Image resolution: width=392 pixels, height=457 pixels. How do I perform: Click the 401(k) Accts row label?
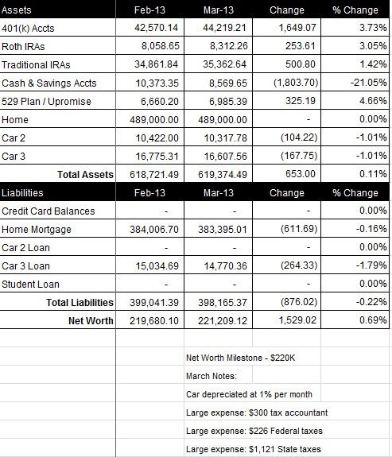pos(28,29)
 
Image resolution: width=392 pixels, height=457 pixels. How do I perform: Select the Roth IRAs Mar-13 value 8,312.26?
pos(229,46)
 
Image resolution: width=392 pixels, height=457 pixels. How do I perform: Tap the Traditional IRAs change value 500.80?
pos(301,64)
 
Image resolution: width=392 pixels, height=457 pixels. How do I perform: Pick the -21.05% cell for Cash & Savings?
pos(369,83)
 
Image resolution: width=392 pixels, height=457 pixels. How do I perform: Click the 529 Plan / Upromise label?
pos(46,102)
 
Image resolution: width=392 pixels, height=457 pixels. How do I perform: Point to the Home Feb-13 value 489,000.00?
pos(154,120)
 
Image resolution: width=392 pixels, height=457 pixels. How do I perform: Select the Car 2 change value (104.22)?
pos(299,137)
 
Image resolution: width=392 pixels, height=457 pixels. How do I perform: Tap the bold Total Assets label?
pos(85,174)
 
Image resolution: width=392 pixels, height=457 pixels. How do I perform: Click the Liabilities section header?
pos(22,192)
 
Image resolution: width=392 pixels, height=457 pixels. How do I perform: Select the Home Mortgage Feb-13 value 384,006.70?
pos(154,230)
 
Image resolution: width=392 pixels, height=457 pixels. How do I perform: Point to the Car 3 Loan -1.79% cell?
pos(371,265)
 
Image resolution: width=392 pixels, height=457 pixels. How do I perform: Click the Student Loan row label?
pos(30,285)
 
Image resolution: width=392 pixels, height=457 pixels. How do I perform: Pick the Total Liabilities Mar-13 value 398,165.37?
pos(223,303)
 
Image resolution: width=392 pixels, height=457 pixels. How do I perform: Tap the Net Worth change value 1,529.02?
pos(297,320)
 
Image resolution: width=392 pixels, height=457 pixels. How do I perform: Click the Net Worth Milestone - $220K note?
pos(241,358)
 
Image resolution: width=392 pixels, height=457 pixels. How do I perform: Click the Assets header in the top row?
pos(17,10)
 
